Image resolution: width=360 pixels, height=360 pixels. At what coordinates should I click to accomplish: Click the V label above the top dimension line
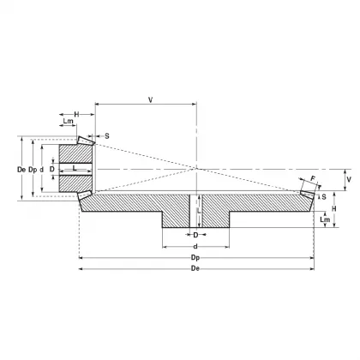151,99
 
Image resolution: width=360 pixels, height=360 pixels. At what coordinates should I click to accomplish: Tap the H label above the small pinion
76,114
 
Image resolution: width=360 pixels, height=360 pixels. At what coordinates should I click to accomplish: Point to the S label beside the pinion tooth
106,135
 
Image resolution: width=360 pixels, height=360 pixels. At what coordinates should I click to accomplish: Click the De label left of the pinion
21,169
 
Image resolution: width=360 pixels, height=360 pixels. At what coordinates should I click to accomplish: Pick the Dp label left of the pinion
33,169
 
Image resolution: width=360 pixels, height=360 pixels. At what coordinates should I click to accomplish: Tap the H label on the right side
335,208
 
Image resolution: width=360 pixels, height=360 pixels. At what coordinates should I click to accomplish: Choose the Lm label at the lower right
324,220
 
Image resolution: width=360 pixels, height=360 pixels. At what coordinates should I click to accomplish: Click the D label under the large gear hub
195,234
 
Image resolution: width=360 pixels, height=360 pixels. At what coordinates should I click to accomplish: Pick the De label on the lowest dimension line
195,268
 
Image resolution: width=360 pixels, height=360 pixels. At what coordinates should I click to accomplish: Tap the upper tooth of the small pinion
86,139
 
